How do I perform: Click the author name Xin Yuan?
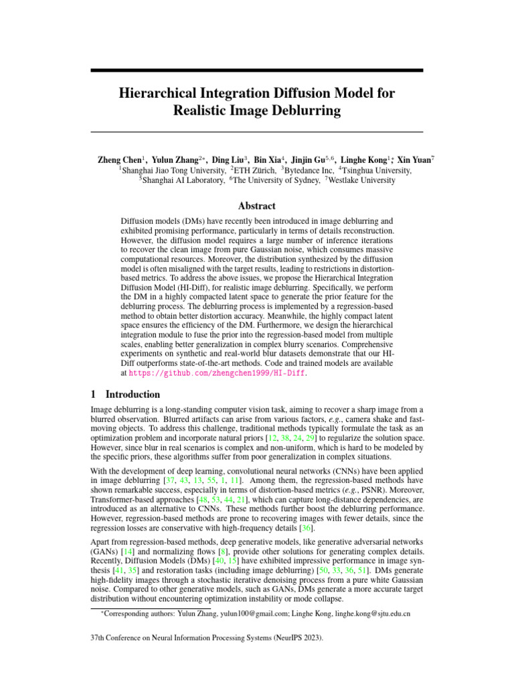tap(414, 161)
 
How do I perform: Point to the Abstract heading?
tap(257, 206)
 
